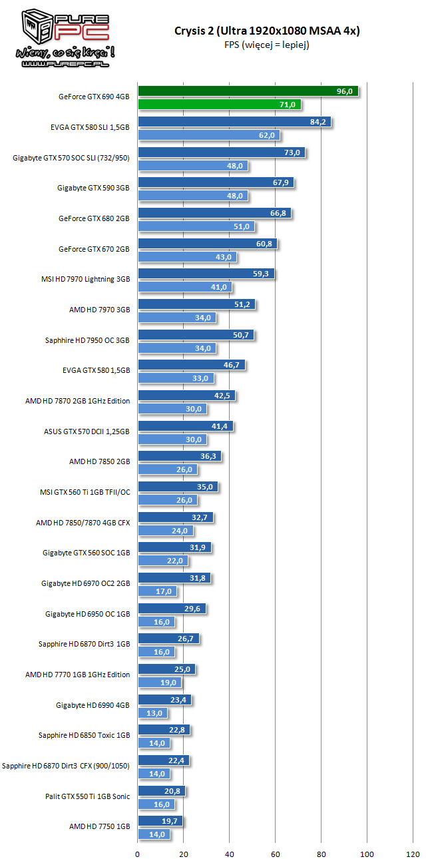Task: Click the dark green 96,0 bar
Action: click(x=248, y=91)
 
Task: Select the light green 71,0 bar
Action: click(x=219, y=105)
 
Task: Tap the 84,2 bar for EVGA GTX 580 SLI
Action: click(x=234, y=122)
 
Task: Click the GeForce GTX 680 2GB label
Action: click(x=94, y=218)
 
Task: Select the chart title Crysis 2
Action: click(x=267, y=31)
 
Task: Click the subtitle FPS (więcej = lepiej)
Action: click(x=267, y=45)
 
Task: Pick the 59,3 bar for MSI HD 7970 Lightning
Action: click(x=206, y=274)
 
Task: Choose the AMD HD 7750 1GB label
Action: click(x=99, y=826)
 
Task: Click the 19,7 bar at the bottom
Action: click(x=160, y=821)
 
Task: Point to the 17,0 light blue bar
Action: click(x=157, y=591)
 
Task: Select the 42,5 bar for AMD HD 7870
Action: click(x=186, y=396)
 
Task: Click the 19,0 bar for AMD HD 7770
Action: click(x=159, y=683)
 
